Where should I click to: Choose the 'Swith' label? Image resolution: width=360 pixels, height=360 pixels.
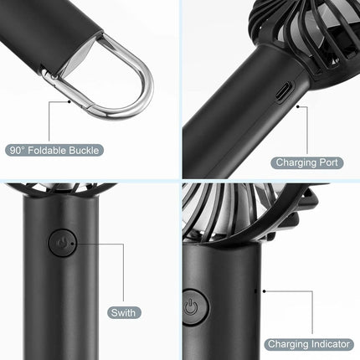click(125, 313)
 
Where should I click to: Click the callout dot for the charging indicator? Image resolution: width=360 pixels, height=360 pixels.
click(265, 291)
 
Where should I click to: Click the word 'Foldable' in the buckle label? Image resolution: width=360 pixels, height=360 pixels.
click(50, 150)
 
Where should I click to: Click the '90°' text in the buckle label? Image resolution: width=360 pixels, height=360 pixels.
click(18, 150)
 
